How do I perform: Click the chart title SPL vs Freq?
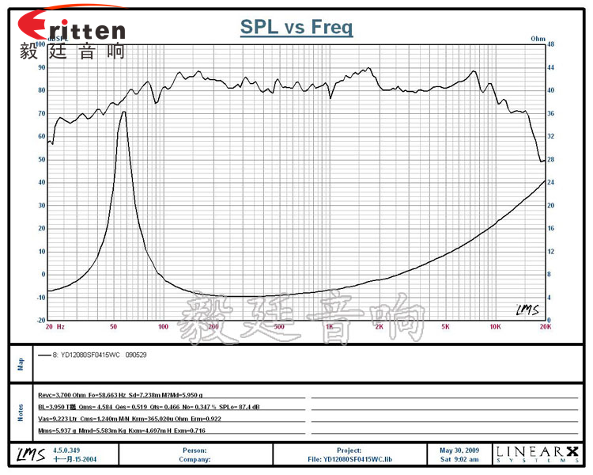296,28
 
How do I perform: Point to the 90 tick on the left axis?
41,67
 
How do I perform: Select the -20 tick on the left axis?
40,320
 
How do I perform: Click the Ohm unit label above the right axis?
538,38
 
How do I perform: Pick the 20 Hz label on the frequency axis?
55,326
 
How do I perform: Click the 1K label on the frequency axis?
329,326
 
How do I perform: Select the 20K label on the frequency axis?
544,326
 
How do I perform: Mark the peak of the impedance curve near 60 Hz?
123,112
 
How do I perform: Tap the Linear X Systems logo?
534,454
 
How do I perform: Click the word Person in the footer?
194,450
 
